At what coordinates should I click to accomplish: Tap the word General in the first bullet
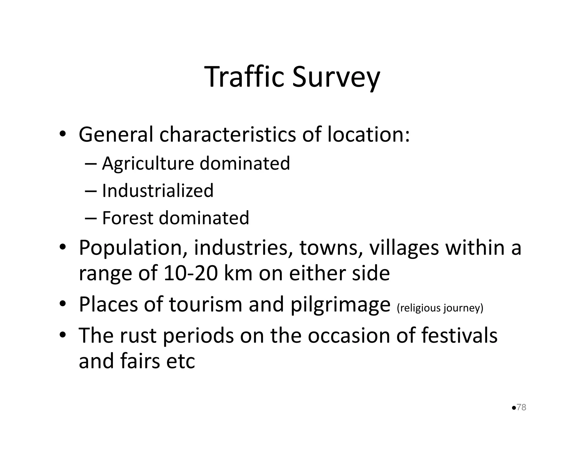[116, 135]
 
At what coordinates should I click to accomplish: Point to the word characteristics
[227, 135]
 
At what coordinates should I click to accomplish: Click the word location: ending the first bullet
[368, 135]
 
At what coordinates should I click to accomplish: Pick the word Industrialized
[158, 191]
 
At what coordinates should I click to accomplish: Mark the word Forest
[127, 218]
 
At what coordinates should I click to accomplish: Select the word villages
[404, 248]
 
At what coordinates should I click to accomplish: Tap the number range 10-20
[191, 273]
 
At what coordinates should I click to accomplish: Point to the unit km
[238, 273]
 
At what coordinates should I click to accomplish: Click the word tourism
[206, 305]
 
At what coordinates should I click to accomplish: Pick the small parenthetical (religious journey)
[440, 308]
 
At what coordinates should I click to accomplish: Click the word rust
[138, 336]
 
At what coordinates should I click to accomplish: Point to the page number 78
[521, 407]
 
